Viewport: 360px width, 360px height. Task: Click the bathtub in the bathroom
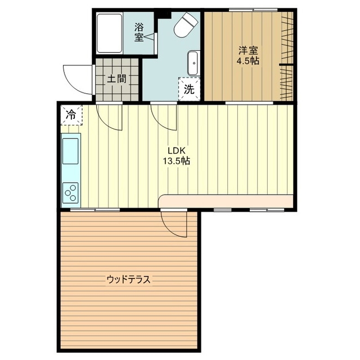109,34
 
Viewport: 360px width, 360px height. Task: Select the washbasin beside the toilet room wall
193,63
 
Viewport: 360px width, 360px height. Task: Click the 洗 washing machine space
189,89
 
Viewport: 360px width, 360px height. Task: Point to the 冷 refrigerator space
71,115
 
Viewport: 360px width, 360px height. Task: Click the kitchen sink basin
70,151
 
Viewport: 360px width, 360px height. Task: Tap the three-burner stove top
70,192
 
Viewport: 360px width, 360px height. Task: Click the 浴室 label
139,33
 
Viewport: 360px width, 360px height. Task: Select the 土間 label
117,79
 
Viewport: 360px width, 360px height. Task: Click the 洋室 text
248,51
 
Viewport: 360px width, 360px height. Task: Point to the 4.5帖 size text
248,61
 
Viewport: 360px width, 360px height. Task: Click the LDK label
176,151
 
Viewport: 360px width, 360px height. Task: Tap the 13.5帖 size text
176,161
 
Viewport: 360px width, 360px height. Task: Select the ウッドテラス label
128,280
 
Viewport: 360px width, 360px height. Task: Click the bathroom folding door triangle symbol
149,37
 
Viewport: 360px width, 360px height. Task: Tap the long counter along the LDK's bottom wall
226,201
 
